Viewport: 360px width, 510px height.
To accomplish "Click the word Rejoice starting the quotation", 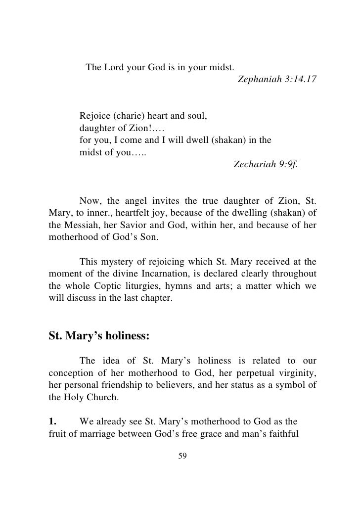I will pos(94,117).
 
